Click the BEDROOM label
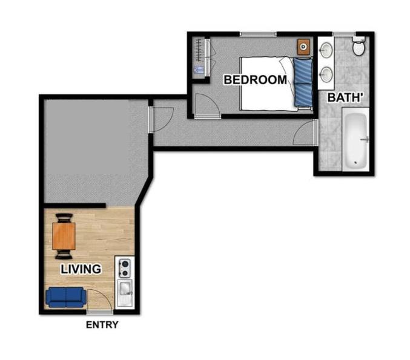[255, 80]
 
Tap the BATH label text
[345, 97]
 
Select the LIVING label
[81, 269]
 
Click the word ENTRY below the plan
[102, 325]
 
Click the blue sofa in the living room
[66, 297]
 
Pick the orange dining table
[64, 236]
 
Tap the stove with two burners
[125, 268]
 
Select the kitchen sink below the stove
[125, 292]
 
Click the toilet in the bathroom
[359, 45]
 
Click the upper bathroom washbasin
[326, 50]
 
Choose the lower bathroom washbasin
[326, 74]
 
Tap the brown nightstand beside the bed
[303, 47]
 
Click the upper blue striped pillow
[303, 71]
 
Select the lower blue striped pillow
[303, 95]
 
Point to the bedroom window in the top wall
[258, 34]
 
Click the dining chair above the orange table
[64, 218]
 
